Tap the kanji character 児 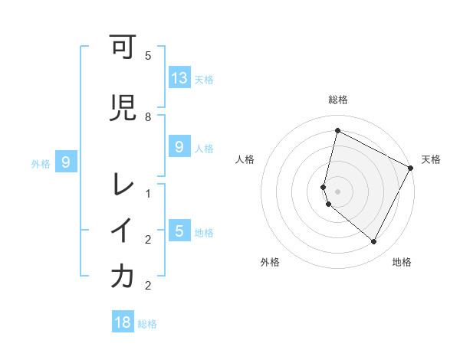coord(122,107)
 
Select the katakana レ coord(122,184)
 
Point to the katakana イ coord(122,231)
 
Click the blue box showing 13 coord(179,78)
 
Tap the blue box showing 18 coord(123,322)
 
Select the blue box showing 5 coord(179,231)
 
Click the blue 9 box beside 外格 coord(67,162)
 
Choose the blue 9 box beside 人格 coord(179,147)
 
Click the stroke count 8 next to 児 coord(148,117)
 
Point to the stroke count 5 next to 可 coord(148,56)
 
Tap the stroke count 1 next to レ coord(148,194)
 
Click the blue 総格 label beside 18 coord(147,324)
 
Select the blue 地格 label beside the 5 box coord(204,232)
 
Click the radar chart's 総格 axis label coord(338,100)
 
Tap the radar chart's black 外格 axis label coord(270,262)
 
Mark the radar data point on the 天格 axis coord(411,169)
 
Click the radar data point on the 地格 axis coord(373,242)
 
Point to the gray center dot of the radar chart coord(338,191)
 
